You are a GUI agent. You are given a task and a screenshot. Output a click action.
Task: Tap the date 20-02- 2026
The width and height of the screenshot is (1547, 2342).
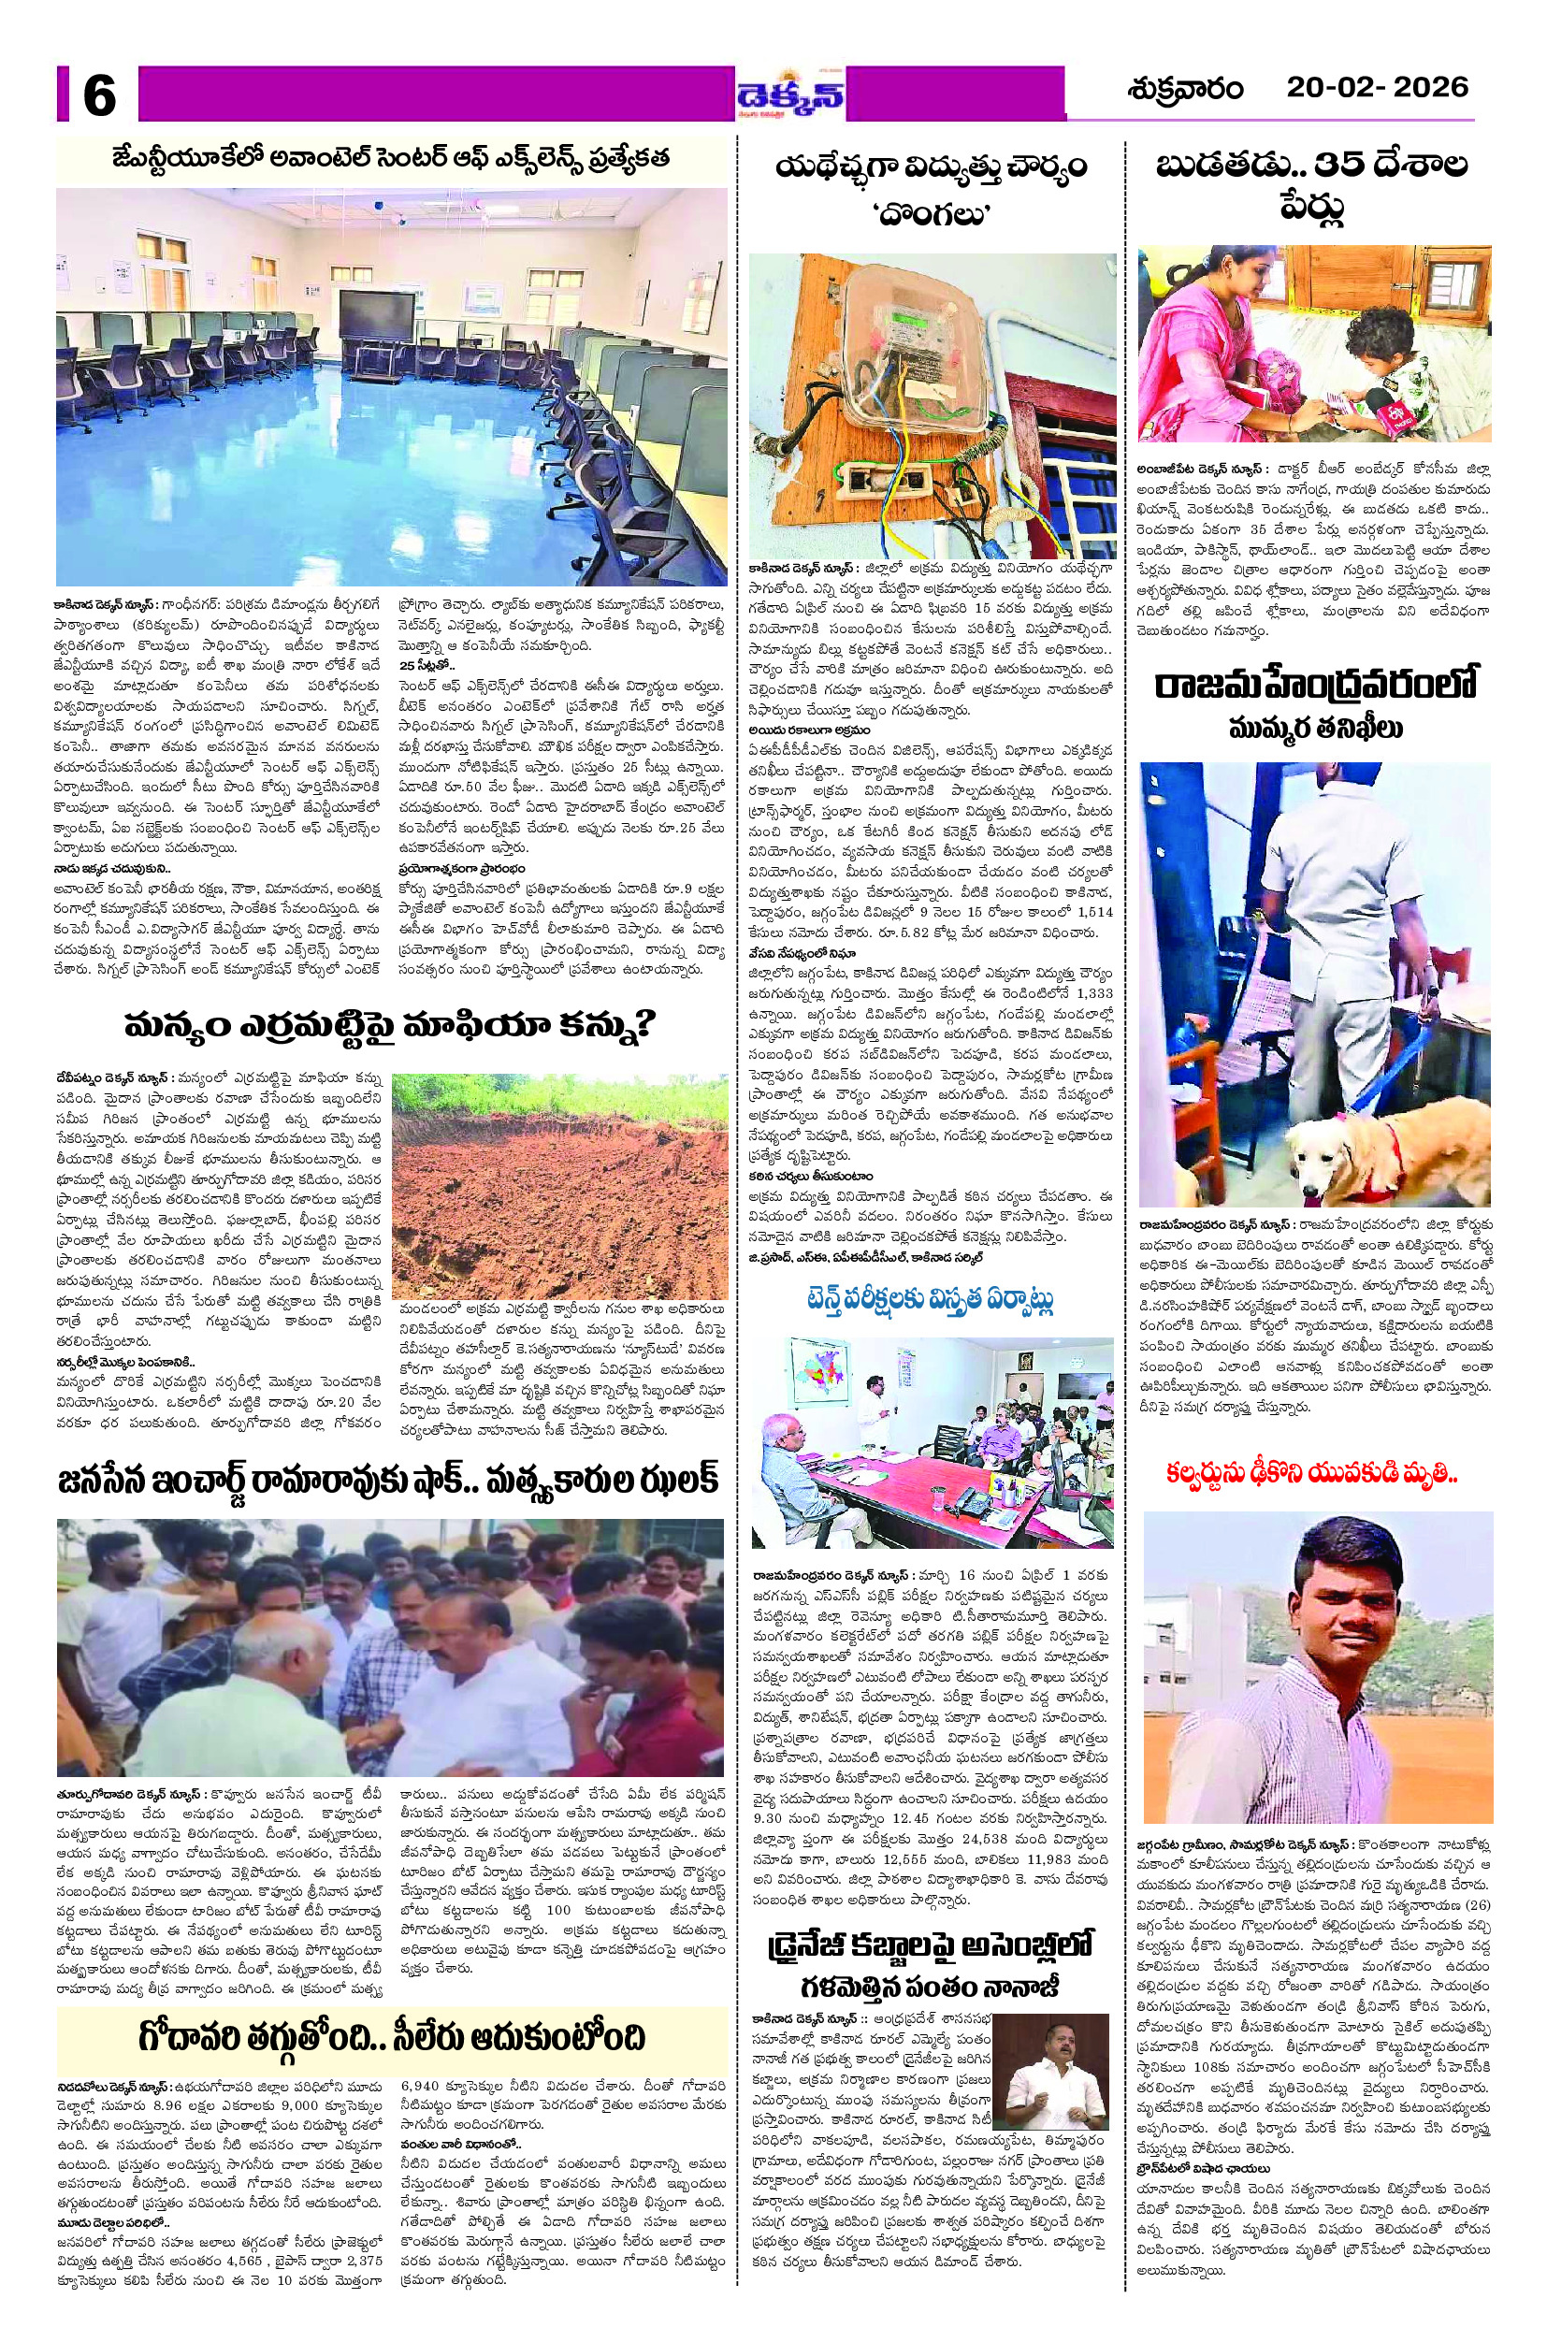(x=1378, y=87)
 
